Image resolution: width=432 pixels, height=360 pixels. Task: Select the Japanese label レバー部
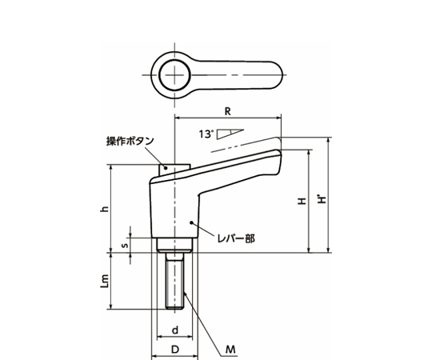click(x=237, y=238)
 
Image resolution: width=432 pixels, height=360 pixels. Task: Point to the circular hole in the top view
click(x=174, y=78)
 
